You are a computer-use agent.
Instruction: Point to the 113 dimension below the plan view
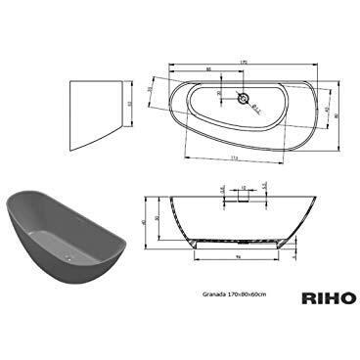pyautogui.click(x=235, y=156)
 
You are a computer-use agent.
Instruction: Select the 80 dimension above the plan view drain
pyautogui.click(x=209, y=69)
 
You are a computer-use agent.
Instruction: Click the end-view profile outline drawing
pyautogui.click(x=97, y=108)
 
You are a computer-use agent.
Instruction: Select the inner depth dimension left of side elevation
pyautogui.click(x=157, y=217)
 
